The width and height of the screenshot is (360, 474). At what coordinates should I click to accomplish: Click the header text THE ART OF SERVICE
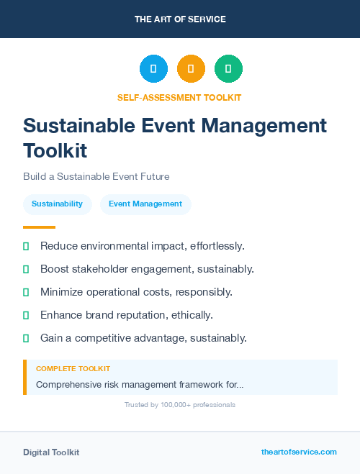(x=180, y=19)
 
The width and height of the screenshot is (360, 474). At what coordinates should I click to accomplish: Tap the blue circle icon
(x=153, y=69)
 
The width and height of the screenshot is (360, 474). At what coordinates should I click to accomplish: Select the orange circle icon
(x=191, y=69)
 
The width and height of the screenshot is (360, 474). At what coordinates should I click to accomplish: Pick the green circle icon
(x=228, y=69)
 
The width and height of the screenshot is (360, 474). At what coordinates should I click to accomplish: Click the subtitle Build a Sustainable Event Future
(x=96, y=176)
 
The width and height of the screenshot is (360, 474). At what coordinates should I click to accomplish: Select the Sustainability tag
(x=57, y=204)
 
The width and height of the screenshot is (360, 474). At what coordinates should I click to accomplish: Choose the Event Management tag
(x=145, y=204)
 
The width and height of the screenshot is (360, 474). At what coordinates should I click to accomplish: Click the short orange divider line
(x=39, y=227)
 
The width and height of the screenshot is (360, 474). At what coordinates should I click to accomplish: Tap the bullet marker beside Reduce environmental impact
(x=26, y=246)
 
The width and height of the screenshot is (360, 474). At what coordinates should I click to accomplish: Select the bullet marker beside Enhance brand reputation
(x=26, y=315)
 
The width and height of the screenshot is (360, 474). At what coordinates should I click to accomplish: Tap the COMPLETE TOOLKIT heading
(x=73, y=369)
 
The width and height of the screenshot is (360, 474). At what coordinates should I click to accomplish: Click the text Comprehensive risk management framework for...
(x=139, y=385)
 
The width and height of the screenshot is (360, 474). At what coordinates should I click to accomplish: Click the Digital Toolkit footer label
(x=51, y=452)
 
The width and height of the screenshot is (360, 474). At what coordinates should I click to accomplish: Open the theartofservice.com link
(x=299, y=452)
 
